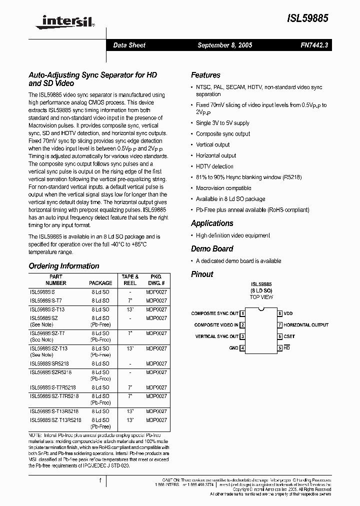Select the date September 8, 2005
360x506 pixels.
pos(224,45)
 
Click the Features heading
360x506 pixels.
pos(205,75)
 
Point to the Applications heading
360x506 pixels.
pos(212,223)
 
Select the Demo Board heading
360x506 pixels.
pos(212,248)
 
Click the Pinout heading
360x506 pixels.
pos(202,274)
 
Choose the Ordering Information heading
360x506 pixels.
pos(63,266)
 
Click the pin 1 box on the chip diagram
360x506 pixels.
pos(242,313)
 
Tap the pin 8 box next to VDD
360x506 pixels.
pos(280,313)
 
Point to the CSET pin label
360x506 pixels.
pos(290,336)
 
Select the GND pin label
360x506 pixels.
pos(233,348)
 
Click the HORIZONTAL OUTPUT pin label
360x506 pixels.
pos(306,325)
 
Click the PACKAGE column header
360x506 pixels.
pos(100,283)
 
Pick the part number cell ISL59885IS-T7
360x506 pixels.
pos(46,300)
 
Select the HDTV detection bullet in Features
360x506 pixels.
pos(214,166)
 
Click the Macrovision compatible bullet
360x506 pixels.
pos(223,188)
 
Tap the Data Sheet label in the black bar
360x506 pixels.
pos(129,45)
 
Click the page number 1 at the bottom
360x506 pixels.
pos(100,480)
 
